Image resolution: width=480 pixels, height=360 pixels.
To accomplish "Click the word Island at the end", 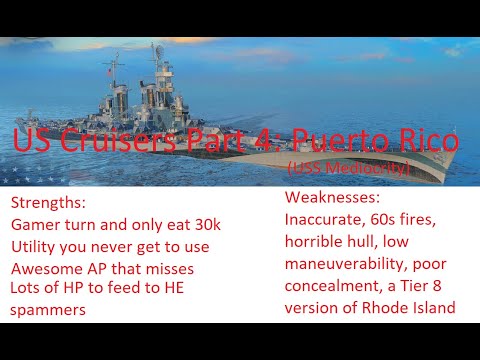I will (432, 308).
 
